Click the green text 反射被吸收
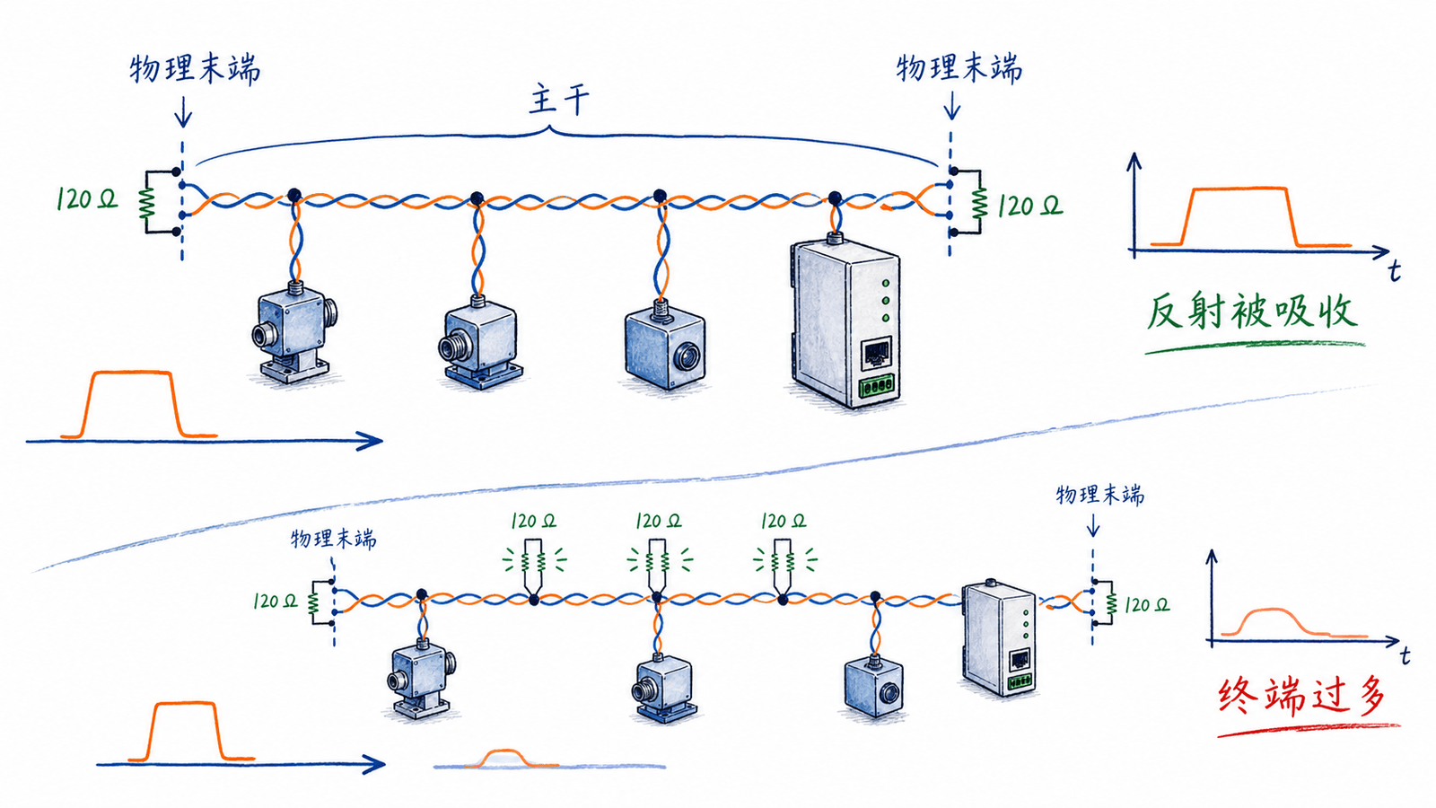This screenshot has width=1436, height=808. click(x=1251, y=313)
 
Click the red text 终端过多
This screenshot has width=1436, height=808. click(x=1302, y=695)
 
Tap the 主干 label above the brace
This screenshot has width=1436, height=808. click(x=558, y=101)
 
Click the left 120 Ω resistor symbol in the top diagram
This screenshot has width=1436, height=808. click(x=147, y=203)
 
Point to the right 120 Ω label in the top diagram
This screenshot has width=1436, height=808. click(x=1029, y=206)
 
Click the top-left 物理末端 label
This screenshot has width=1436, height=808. click(x=195, y=69)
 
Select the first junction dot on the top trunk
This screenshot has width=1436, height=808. click(x=293, y=195)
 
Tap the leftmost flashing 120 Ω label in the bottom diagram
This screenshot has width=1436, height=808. click(x=533, y=521)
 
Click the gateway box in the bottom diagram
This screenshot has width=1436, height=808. click(x=999, y=637)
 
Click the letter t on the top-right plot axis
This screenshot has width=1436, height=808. click(x=1394, y=272)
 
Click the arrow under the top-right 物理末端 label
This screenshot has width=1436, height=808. click(x=951, y=105)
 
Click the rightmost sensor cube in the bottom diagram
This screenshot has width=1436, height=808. click(x=874, y=685)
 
